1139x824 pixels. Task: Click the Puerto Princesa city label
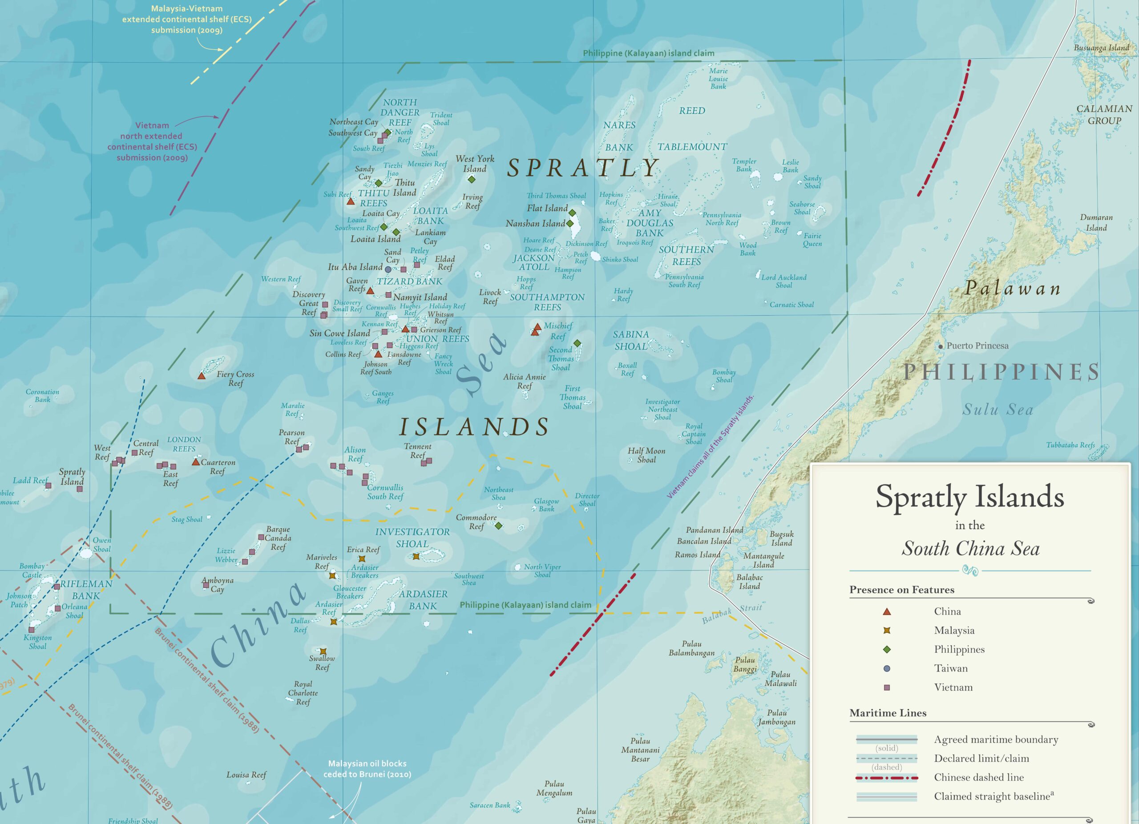point(977,346)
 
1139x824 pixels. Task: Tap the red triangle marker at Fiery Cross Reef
point(202,375)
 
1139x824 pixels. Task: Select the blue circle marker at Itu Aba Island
point(388,269)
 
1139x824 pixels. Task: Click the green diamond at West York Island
point(471,179)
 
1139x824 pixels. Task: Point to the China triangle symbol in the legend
point(887,612)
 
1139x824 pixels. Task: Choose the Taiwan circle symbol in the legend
point(887,668)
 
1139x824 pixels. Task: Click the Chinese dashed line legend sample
point(887,778)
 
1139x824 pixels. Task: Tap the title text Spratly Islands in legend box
point(970,497)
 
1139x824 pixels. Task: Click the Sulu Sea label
point(998,410)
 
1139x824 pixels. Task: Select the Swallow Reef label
point(322,663)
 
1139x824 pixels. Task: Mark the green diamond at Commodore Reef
point(498,526)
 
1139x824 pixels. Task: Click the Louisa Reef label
point(246,775)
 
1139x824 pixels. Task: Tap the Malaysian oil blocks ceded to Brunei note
point(367,769)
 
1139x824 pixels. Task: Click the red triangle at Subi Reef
point(351,201)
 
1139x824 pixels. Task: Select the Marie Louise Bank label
point(718,79)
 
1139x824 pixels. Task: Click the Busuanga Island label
point(1101,48)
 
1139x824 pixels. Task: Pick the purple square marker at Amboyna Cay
point(206,585)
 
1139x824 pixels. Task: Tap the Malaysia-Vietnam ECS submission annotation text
point(187,19)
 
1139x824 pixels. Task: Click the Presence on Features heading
point(901,590)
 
